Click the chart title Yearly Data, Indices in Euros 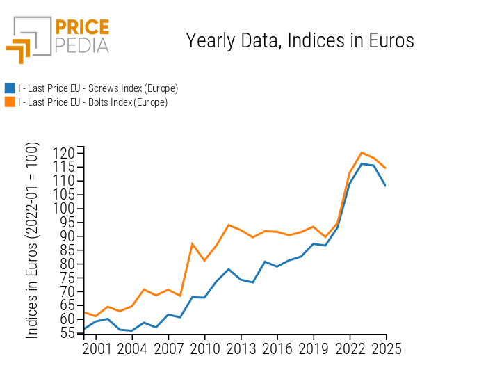[x=300, y=41]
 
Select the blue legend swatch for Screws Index [x=10, y=88]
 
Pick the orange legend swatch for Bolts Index [x=10, y=102]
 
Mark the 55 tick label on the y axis [x=67, y=333]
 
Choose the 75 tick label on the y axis [x=67, y=278]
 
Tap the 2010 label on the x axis [x=204, y=349]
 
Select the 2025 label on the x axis [x=386, y=349]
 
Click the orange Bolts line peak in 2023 [x=362, y=152]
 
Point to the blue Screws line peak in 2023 [x=362, y=163]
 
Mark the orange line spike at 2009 [x=193, y=243]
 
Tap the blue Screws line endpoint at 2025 [x=386, y=186]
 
